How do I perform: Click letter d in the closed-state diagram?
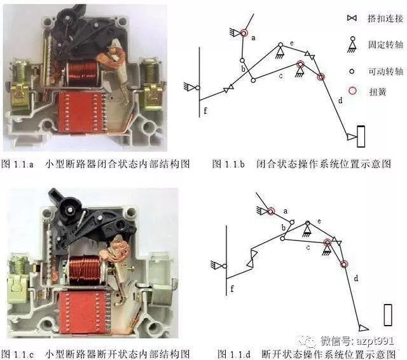pos(340,100)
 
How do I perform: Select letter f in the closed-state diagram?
pos(205,112)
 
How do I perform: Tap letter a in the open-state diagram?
pos(285,211)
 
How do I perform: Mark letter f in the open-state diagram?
pos(232,289)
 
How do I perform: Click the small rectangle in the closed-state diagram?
pos(361,135)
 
